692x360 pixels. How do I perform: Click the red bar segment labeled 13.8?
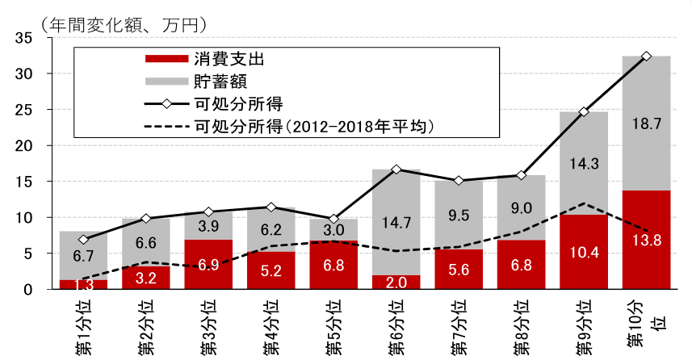tap(646, 240)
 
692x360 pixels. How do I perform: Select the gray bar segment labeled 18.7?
tap(646, 123)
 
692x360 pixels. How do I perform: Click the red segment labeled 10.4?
tap(584, 252)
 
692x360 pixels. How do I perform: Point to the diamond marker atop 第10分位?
tap(646, 56)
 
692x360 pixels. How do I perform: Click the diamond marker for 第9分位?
tap(584, 111)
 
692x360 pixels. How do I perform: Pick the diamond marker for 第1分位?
tap(83, 240)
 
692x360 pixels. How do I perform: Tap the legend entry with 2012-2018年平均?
tap(315, 127)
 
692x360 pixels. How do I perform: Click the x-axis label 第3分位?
tap(208, 325)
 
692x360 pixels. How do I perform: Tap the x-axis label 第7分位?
tap(459, 325)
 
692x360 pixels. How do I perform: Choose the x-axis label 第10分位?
tap(646, 323)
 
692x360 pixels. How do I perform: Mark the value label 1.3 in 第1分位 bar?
tap(83, 283)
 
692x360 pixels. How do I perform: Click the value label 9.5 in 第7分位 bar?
tap(459, 215)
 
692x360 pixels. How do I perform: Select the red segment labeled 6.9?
tap(208, 265)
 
